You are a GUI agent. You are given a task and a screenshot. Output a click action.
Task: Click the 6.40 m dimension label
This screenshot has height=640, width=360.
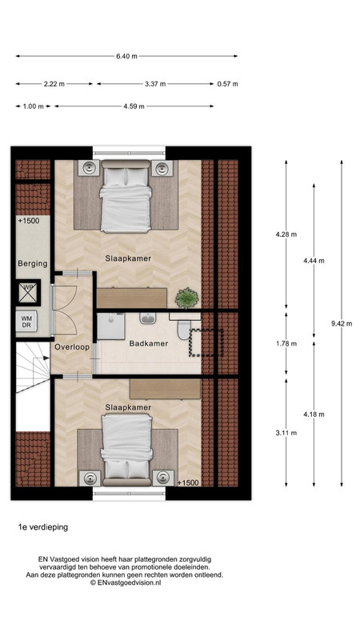click(126, 56)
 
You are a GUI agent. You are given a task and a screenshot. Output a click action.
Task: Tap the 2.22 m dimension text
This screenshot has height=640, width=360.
click(54, 84)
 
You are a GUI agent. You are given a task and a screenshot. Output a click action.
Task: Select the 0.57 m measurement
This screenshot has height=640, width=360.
click(227, 84)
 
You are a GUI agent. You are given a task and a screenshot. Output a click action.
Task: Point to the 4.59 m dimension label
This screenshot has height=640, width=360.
click(134, 106)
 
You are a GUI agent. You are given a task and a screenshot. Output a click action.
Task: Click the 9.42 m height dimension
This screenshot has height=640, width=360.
click(342, 323)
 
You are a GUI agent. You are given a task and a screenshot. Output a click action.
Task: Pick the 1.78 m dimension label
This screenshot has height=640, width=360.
click(286, 344)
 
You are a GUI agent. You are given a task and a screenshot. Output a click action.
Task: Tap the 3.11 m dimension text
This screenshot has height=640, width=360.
click(286, 433)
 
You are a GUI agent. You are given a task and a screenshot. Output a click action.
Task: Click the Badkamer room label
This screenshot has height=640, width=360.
click(149, 344)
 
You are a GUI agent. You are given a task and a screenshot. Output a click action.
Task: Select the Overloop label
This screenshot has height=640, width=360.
click(72, 347)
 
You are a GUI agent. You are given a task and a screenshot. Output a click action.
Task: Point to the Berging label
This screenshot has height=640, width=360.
click(33, 264)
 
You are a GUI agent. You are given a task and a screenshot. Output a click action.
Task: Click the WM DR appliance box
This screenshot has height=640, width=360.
click(26, 322)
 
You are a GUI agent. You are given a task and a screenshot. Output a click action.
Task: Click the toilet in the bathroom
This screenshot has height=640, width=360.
click(185, 330)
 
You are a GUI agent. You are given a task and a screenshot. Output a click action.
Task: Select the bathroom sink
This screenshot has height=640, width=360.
click(148, 318)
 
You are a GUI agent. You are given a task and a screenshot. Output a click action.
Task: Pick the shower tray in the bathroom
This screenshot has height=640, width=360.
click(111, 326)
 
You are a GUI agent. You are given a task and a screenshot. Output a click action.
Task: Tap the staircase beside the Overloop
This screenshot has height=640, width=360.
click(33, 367)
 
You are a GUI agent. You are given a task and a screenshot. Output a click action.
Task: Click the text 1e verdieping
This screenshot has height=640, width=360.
click(43, 527)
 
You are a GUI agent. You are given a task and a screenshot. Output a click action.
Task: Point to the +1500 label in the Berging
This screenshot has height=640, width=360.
click(29, 221)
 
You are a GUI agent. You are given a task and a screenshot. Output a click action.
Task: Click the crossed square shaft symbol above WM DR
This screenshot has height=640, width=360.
click(29, 292)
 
